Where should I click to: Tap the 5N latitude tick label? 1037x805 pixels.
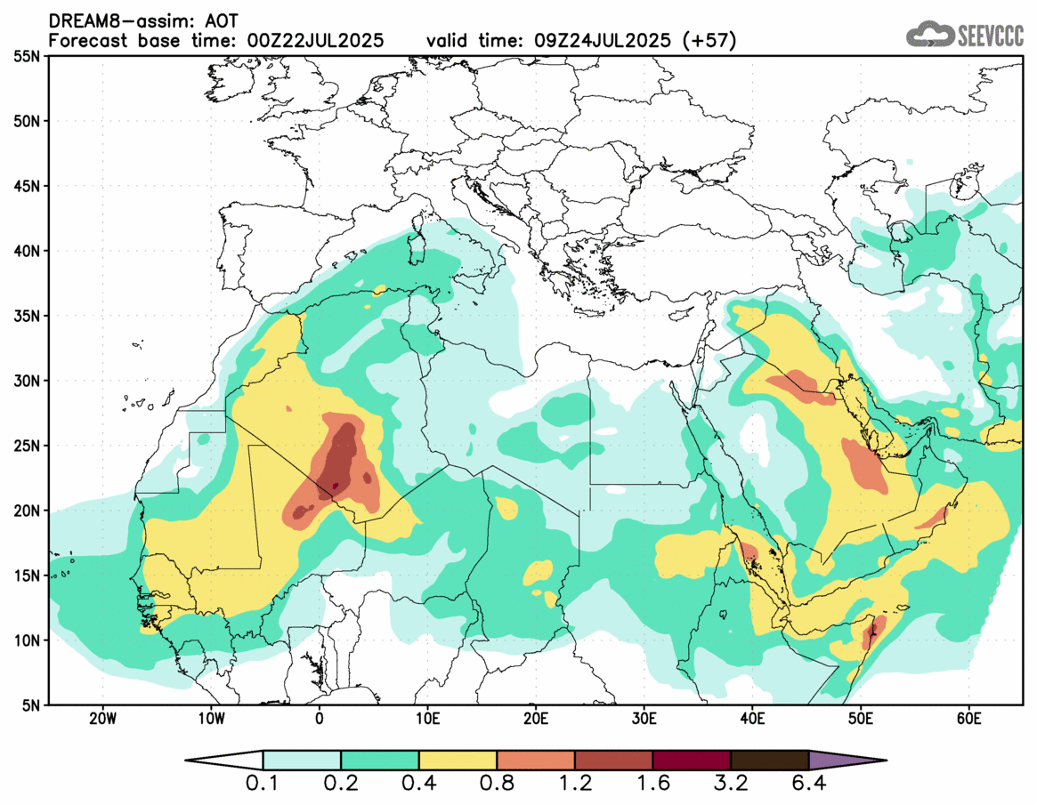[x=28, y=704]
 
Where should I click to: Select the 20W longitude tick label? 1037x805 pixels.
[x=102, y=718]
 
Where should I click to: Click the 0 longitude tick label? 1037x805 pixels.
[x=320, y=718]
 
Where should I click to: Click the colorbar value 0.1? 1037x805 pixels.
[x=263, y=785]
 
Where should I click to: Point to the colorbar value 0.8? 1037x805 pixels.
[x=497, y=785]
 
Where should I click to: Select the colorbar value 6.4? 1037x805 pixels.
[x=808, y=785]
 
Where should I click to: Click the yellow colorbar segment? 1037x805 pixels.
[x=458, y=761]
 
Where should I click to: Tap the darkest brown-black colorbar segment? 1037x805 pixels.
[x=769, y=761]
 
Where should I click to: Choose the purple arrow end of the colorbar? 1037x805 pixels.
[x=846, y=761]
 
